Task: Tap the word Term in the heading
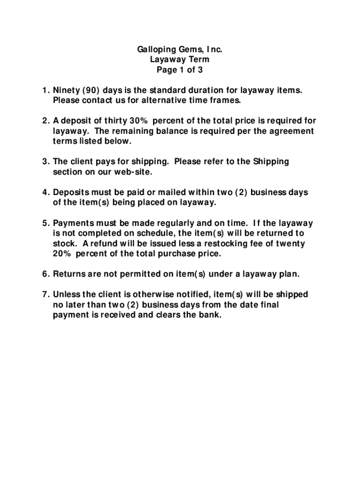point(200,60)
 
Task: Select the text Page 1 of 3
point(180,71)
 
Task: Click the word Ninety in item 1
point(66,90)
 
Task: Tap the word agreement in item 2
point(292,131)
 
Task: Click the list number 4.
point(45,192)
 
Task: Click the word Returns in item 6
point(68,274)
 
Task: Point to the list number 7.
point(45,295)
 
